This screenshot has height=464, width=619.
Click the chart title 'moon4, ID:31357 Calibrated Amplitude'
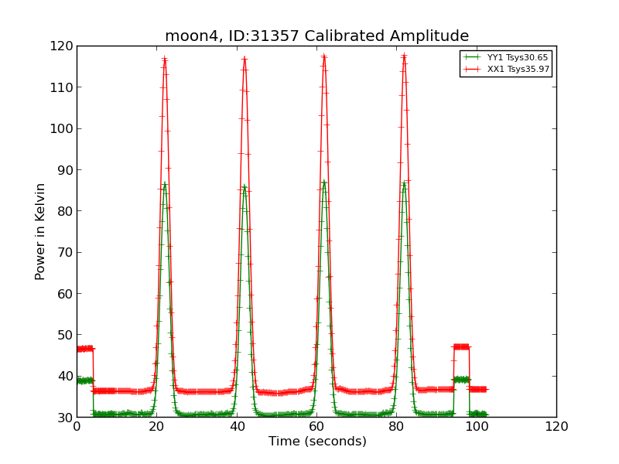click(x=316, y=36)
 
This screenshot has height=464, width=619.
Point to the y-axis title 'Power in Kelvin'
click(x=40, y=231)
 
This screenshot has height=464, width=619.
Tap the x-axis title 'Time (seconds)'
click(x=317, y=442)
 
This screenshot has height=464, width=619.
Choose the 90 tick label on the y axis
click(x=62, y=170)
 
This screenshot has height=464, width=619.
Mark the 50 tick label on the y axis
click(x=62, y=335)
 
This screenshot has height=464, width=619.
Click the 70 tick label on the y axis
click(x=62, y=252)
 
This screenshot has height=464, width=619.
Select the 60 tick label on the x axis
click(x=316, y=427)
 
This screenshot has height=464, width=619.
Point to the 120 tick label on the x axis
click(x=556, y=427)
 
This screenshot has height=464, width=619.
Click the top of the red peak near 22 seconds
click(x=165, y=58)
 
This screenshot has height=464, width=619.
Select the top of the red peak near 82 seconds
click(x=404, y=56)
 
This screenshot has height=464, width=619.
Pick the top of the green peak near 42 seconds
click(x=245, y=186)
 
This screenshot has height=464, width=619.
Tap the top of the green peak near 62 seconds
click(x=324, y=182)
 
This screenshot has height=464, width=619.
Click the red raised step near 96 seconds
click(x=461, y=346)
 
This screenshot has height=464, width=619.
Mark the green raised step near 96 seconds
click(x=461, y=379)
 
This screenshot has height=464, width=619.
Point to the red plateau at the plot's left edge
click(x=84, y=349)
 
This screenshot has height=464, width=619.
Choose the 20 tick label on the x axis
click(x=156, y=427)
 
